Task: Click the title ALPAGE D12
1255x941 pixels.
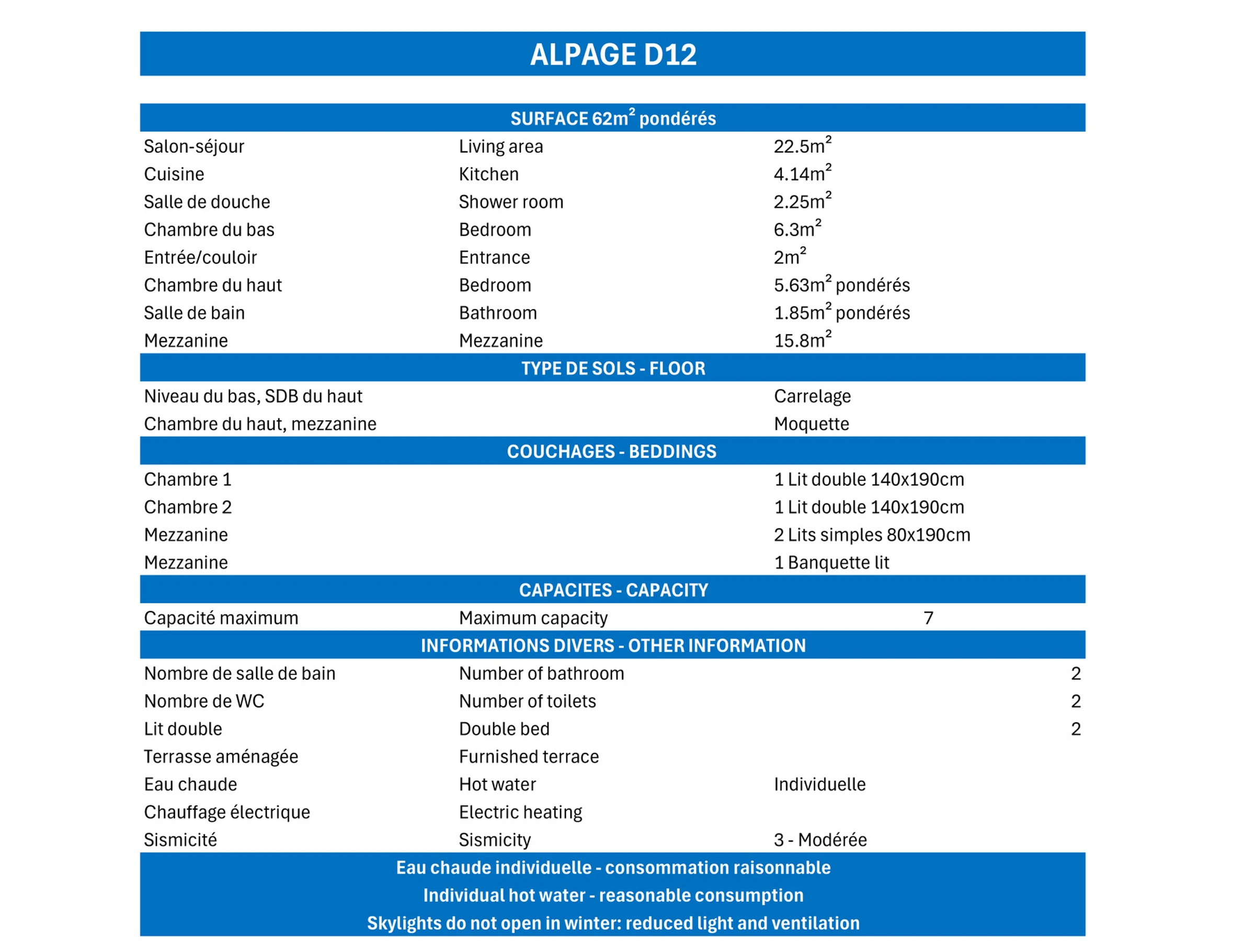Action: point(613,54)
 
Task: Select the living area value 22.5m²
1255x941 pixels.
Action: point(802,146)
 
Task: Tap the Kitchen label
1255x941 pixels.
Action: point(488,174)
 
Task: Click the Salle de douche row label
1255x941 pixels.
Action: point(207,202)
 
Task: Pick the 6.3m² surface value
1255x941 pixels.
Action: point(796,229)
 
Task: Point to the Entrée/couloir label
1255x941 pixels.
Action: point(200,258)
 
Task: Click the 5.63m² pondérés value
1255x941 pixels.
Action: point(841,285)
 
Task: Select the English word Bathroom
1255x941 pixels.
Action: point(498,313)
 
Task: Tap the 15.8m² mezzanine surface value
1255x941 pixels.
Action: point(802,340)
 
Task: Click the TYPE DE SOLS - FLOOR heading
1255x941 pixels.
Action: point(613,368)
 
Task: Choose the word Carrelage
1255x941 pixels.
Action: point(812,396)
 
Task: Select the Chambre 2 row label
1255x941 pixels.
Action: point(188,507)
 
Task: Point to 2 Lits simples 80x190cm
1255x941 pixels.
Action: point(872,535)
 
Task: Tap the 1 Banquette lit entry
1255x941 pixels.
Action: point(831,563)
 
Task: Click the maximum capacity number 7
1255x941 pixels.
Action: point(928,618)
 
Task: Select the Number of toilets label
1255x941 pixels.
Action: point(527,701)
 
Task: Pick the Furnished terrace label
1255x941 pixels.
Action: point(529,756)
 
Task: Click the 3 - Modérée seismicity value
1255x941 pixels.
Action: point(820,840)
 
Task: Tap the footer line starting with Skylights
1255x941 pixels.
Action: point(613,923)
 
